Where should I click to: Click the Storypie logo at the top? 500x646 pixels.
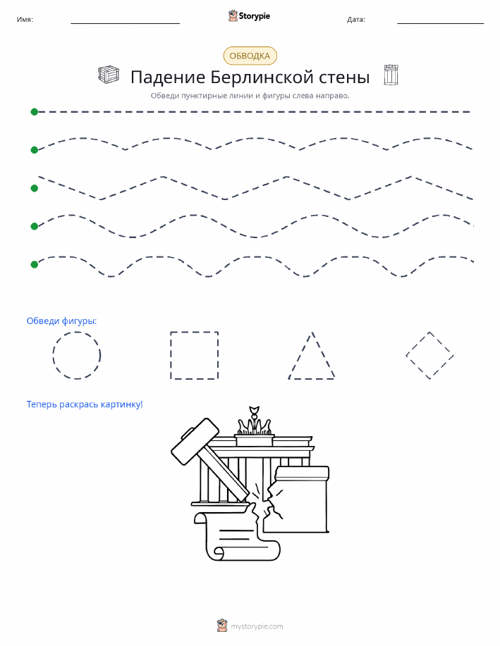[x=249, y=16]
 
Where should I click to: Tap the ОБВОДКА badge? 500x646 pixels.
[x=250, y=56]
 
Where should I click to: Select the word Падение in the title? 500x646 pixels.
[x=168, y=77]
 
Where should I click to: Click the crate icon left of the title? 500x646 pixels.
[x=109, y=75]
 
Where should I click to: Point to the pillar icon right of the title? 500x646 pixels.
[x=391, y=75]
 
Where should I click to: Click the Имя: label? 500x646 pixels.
[x=25, y=19]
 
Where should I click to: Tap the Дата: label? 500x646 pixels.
[x=356, y=19]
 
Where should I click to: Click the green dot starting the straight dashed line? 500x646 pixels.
[x=35, y=111]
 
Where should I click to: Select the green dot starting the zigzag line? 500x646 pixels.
[x=35, y=188]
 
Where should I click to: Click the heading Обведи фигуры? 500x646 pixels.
[x=62, y=321]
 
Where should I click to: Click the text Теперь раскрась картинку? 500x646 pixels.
[x=85, y=404]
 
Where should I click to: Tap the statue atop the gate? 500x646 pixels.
[x=255, y=421]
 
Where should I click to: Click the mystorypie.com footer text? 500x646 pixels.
[x=257, y=627]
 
